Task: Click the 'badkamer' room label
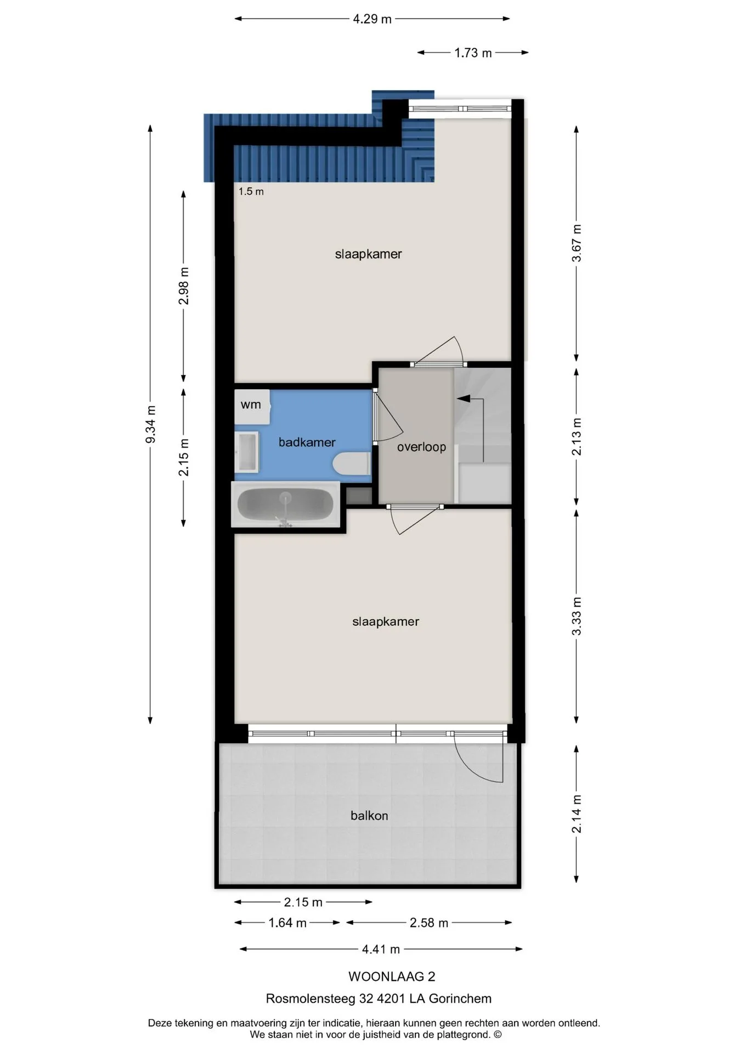[307, 442]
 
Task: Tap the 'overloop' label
[421, 447]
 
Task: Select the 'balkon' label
[369, 816]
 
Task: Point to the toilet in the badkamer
[352, 463]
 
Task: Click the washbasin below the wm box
[246, 452]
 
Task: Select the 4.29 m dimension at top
[372, 19]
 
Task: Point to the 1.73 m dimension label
[473, 53]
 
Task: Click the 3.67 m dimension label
[577, 243]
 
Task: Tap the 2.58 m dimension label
[429, 923]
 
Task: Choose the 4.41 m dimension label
[381, 949]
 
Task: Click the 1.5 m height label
[251, 192]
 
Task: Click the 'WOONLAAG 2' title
[392, 977]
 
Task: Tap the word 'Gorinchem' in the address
[460, 999]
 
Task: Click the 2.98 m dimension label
[184, 286]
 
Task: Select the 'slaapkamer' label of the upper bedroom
[369, 254]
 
